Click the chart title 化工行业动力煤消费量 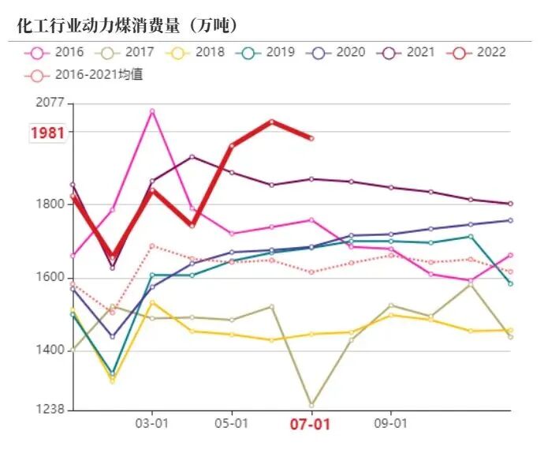point(126,25)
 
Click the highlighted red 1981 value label point(47,133)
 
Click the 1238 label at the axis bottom point(50,410)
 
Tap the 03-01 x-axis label point(151,423)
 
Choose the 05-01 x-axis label point(231,423)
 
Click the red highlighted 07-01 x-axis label point(310,424)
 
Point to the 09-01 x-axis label point(390,423)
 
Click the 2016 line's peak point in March point(152,111)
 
